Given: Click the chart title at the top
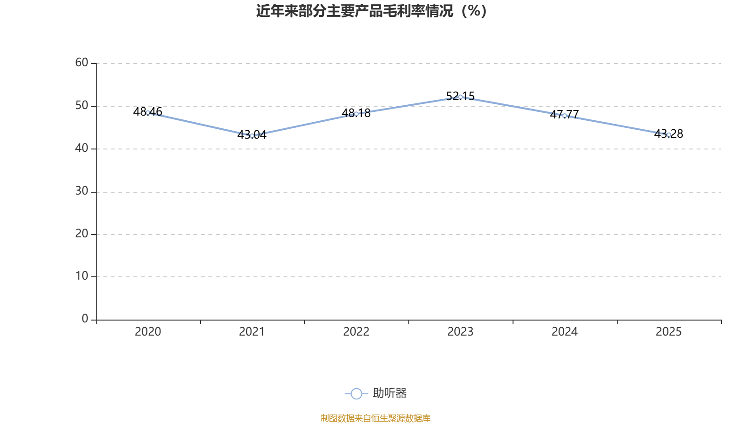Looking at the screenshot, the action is [371, 11].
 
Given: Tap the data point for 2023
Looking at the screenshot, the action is [460, 97].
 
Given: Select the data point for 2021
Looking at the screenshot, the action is [252, 136].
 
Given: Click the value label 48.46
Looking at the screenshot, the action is [147, 111].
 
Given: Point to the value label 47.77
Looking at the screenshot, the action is [565, 114].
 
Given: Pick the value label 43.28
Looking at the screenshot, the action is [668, 133].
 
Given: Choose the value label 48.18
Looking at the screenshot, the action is [356, 113].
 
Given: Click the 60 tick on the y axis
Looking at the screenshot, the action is [82, 63].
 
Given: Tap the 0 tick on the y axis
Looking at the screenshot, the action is [85, 319].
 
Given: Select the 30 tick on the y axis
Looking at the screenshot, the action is [82, 191].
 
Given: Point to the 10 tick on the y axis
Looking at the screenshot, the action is [82, 276].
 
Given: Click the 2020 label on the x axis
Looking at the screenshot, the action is [148, 332].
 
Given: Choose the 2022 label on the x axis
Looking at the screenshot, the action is [356, 332].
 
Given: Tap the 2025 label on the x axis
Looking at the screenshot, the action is [668, 332].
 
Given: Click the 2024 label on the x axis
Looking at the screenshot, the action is [565, 332].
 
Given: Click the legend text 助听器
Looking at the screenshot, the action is [390, 393].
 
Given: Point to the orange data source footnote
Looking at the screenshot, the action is [375, 418].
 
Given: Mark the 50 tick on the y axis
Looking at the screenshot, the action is [82, 106].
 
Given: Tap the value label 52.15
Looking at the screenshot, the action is [460, 96].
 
